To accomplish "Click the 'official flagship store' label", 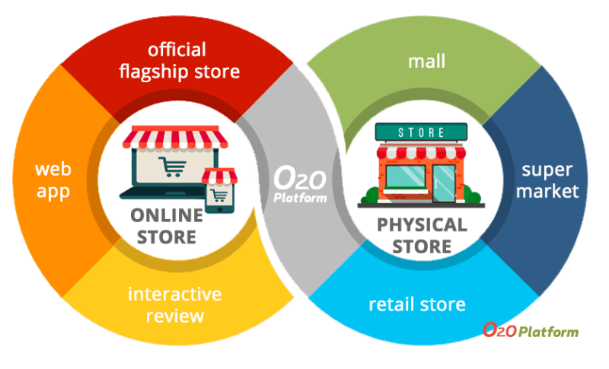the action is tap(179, 61).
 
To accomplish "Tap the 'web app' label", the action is tap(53, 181).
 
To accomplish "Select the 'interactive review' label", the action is tap(175, 305).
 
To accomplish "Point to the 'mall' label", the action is tap(426, 62).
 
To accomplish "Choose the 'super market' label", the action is tap(547, 181).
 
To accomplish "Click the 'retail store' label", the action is tap(417, 304).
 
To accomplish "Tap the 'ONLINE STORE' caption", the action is tap(167, 226).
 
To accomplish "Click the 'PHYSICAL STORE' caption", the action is tap(422, 236).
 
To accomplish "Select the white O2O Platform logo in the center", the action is tap(300, 184).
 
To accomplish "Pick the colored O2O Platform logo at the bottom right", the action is tap(531, 330).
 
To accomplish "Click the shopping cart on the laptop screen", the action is tap(172, 167).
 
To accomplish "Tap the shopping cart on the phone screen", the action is tap(220, 196).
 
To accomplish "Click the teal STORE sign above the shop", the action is tap(422, 132).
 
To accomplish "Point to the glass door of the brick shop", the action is tap(444, 183).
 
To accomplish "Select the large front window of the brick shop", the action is tap(406, 177).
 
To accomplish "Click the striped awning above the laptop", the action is tap(175, 137).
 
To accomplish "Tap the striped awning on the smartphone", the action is tap(219, 177).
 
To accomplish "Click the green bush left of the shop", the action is tap(371, 196).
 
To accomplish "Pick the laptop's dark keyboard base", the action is tap(162, 193).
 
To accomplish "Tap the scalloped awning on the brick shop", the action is tap(422, 152).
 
